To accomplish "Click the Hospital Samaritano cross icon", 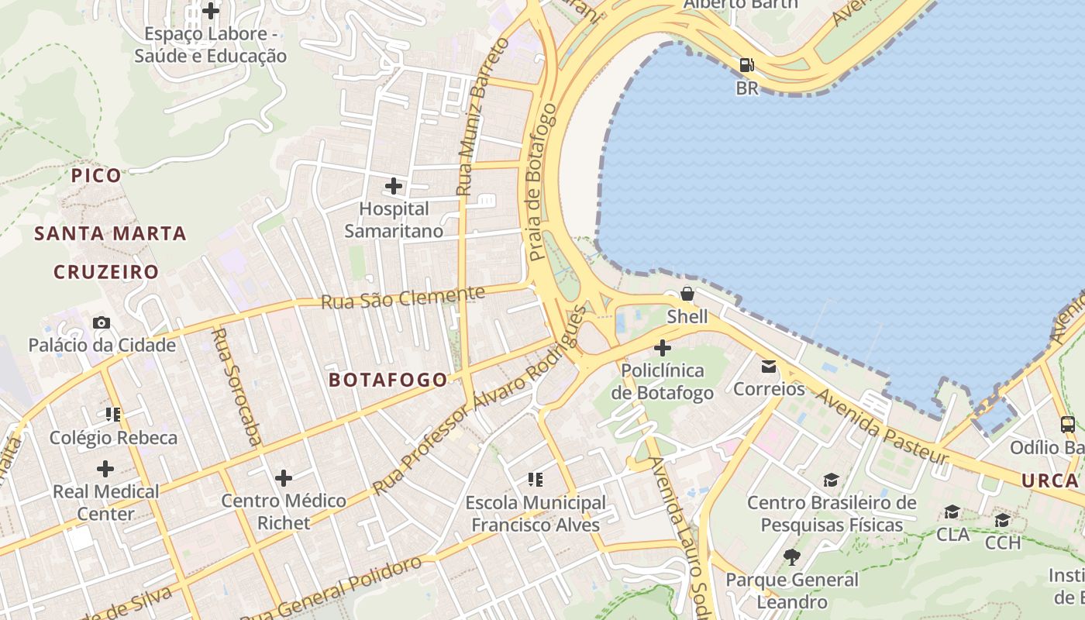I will click(x=394, y=186).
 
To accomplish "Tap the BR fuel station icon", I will click(x=746, y=65).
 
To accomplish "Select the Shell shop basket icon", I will click(x=687, y=294).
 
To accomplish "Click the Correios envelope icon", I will click(x=769, y=366).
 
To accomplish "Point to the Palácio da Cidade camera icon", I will click(x=102, y=322).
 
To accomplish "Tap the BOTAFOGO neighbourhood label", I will click(x=388, y=380).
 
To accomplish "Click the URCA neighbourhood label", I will click(x=1049, y=480).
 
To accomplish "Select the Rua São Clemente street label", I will click(x=403, y=297).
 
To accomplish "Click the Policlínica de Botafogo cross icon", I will click(x=663, y=348).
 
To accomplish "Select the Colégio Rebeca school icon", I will click(x=114, y=415).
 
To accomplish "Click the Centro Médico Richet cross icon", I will click(x=284, y=477).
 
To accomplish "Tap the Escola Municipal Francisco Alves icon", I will click(x=536, y=480).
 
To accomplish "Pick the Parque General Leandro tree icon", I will click(x=791, y=556).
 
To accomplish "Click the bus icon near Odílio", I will click(x=1068, y=424).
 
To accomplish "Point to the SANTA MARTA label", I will click(x=111, y=233).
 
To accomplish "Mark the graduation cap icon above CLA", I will click(x=952, y=511).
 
